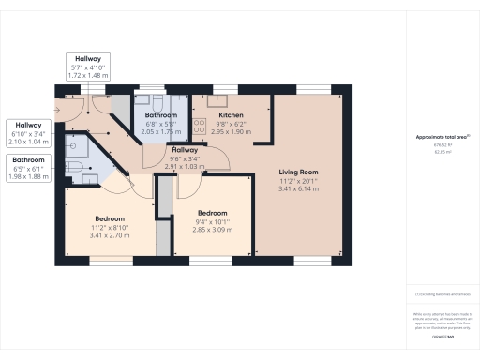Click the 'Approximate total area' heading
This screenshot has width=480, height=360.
(442, 137)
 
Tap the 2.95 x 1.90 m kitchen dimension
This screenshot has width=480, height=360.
(211, 132)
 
